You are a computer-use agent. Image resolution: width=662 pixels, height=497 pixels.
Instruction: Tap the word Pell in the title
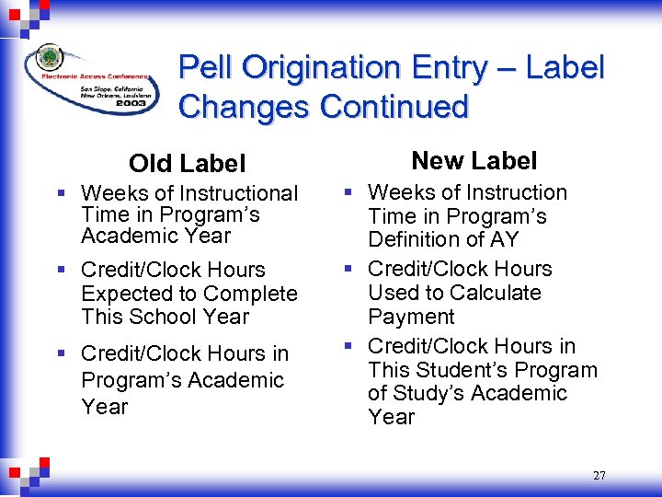[204, 67]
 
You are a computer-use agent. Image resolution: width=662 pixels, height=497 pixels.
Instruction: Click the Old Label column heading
[188, 164]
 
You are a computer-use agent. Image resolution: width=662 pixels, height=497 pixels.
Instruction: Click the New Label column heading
[474, 161]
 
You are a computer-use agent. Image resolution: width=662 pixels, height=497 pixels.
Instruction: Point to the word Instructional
[239, 193]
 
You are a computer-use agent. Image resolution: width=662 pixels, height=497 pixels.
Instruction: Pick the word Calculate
[497, 293]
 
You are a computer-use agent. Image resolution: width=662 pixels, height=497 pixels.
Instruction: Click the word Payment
[411, 317]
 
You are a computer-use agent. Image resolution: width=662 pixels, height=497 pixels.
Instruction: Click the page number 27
[599, 476]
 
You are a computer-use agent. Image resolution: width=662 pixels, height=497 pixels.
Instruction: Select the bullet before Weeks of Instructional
[60, 193]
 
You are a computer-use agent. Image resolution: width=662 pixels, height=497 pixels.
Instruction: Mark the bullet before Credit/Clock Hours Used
[348, 270]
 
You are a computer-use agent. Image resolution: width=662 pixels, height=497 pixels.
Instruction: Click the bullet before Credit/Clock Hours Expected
[60, 271]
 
